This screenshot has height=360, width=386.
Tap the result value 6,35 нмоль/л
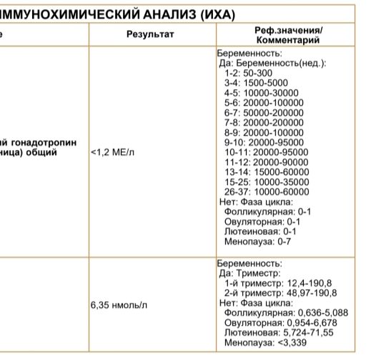pyautogui.click(x=119, y=305)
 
